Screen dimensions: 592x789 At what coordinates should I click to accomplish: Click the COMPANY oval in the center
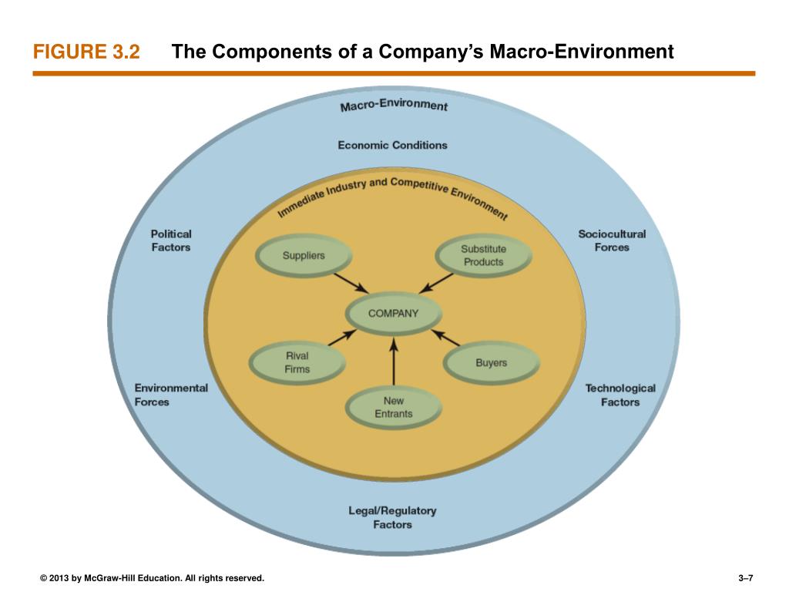(394, 314)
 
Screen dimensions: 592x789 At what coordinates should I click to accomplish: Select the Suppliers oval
(304, 256)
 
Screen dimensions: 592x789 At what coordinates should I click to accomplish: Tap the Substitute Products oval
(483, 256)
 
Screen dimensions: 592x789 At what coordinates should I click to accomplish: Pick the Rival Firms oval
(297, 362)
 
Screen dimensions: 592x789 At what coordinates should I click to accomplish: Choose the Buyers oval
(491, 363)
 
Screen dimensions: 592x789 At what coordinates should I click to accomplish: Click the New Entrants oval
(394, 408)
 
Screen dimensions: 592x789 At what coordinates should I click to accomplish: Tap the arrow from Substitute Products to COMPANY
(437, 282)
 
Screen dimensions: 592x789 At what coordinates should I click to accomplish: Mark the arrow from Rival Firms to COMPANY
(342, 337)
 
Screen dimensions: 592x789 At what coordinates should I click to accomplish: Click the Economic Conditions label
(392, 145)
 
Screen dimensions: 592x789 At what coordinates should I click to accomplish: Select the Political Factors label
(170, 240)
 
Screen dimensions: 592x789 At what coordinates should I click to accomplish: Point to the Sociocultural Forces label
(612, 240)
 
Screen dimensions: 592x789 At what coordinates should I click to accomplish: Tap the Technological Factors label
(620, 395)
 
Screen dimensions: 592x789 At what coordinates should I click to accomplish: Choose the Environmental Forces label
(170, 395)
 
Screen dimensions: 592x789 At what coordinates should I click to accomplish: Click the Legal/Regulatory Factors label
(392, 517)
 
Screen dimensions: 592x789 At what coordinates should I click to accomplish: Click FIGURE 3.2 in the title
(86, 52)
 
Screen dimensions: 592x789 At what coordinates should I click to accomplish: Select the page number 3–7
(744, 577)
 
